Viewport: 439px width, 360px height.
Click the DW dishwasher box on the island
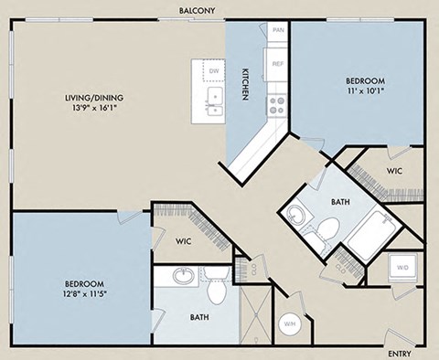[213, 70]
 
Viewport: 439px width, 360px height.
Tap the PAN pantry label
[277, 31]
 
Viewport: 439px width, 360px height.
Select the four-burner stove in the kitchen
[276, 104]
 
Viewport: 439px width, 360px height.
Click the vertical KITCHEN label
[245, 85]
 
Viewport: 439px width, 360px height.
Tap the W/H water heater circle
[289, 323]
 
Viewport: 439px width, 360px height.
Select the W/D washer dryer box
[402, 269]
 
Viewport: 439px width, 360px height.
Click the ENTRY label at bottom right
[399, 353]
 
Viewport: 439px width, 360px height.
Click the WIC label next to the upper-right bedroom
[395, 170]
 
